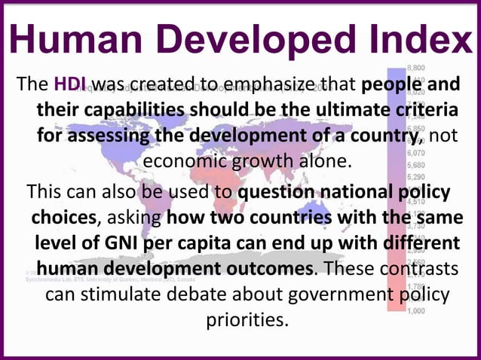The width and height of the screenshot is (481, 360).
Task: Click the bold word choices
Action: coord(63,218)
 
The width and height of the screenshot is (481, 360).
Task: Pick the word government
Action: coord(336,293)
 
